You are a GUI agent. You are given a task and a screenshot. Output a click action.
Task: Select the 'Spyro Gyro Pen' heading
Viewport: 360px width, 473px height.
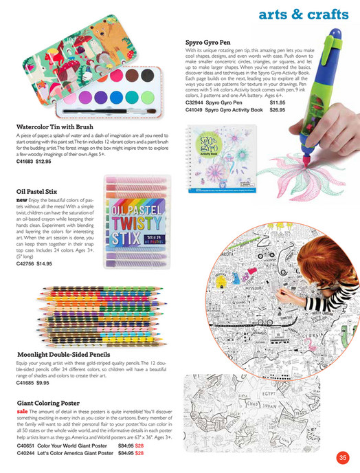(209, 42)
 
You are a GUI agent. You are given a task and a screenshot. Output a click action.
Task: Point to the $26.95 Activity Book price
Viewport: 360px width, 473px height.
(278, 109)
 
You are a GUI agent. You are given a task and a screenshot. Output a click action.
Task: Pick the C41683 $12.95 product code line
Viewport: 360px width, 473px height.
(34, 162)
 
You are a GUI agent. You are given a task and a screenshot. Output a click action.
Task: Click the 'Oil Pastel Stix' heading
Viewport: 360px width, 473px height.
(41, 192)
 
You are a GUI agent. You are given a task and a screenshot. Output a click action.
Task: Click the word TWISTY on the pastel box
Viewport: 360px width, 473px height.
(135, 226)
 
